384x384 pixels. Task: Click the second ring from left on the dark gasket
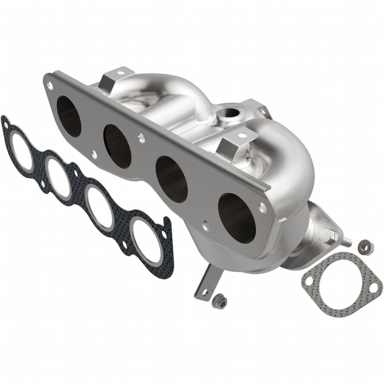(58, 177)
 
